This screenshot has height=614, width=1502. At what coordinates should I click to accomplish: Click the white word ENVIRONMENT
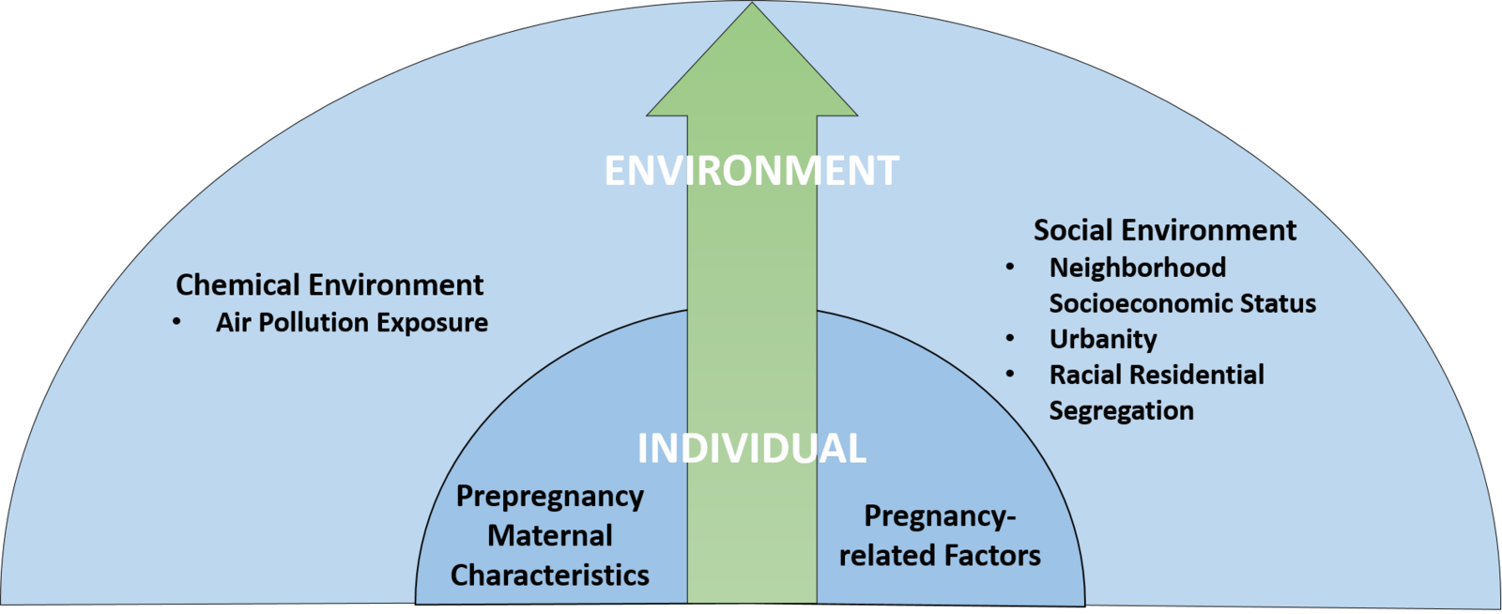click(x=751, y=171)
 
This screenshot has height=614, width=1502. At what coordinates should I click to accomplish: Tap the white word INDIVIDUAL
click(x=751, y=449)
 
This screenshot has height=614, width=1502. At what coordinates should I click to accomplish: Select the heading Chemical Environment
click(x=330, y=284)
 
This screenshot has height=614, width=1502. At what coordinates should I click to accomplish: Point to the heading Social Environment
click(x=1164, y=230)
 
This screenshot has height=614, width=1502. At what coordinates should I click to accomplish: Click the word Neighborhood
click(x=1137, y=268)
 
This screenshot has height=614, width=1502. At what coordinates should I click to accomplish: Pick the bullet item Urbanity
click(x=1102, y=339)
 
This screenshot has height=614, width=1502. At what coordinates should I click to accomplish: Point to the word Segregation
click(x=1121, y=410)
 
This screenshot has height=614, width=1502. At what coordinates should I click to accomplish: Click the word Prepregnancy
click(x=550, y=497)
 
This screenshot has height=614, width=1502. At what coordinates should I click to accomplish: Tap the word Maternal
click(x=550, y=535)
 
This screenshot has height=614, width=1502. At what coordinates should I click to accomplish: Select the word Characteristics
click(x=550, y=575)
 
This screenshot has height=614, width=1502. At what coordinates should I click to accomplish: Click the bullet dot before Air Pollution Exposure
click(x=176, y=322)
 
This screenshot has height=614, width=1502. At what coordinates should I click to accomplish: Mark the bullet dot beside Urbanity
click(x=1010, y=338)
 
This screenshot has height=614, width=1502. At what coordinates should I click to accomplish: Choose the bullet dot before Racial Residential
click(x=1010, y=374)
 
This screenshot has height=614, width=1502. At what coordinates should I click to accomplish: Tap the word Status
click(x=1278, y=303)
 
